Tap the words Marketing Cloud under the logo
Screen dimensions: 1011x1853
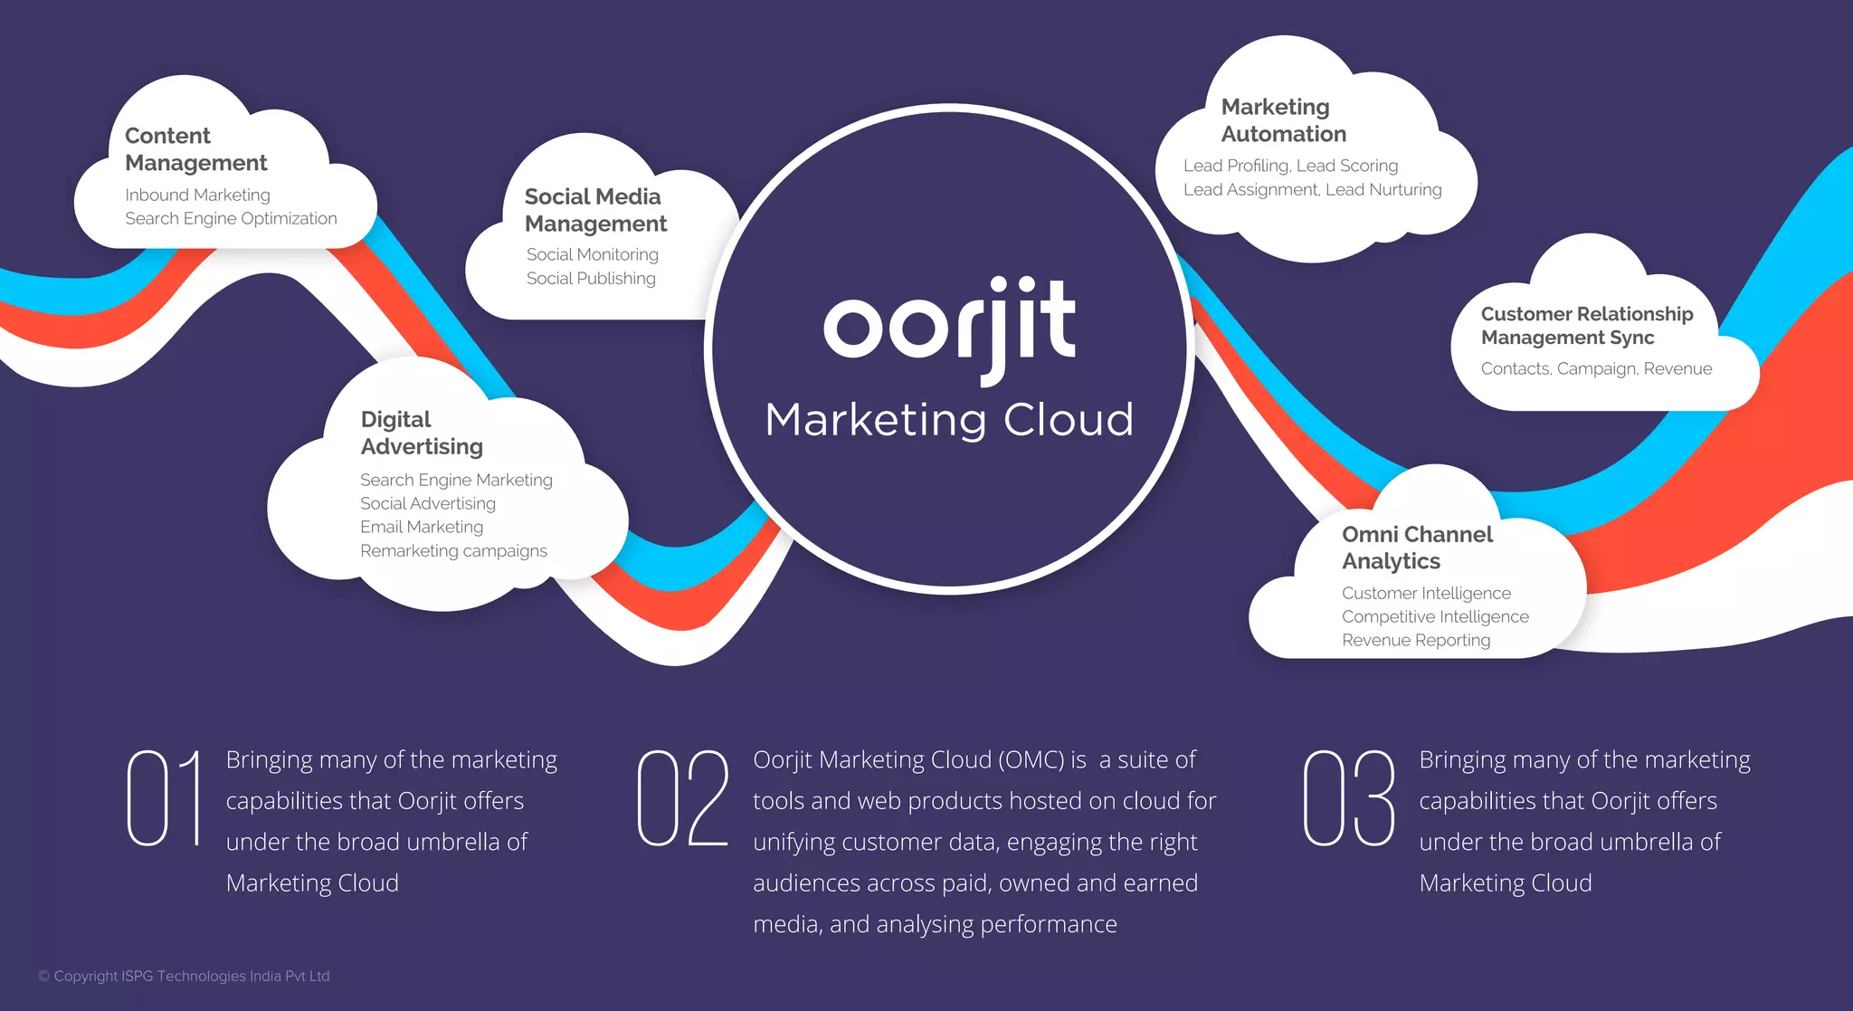[x=949, y=420]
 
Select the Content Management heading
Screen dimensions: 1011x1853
[x=195, y=149]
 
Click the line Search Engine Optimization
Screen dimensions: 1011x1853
[x=231, y=219]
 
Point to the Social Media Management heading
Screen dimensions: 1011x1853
[x=595, y=210]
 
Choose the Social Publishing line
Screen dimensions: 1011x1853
[x=591, y=279]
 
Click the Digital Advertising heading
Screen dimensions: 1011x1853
[x=422, y=433]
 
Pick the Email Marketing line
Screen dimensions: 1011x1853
[x=422, y=527]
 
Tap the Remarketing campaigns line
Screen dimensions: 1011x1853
[x=453, y=551]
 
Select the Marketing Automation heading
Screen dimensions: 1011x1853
[x=1283, y=120]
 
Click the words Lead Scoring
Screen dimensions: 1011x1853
[x=1347, y=166]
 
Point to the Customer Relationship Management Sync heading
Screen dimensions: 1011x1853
[x=1586, y=326]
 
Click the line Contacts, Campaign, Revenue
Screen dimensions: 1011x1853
[x=1596, y=368]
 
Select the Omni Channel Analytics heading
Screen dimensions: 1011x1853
[x=1417, y=548]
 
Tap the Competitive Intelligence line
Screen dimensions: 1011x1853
[x=1435, y=617]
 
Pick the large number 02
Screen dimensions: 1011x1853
[x=682, y=798]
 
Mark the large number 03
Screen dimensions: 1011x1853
[x=1349, y=798]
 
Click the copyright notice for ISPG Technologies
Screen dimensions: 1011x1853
[x=184, y=976]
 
